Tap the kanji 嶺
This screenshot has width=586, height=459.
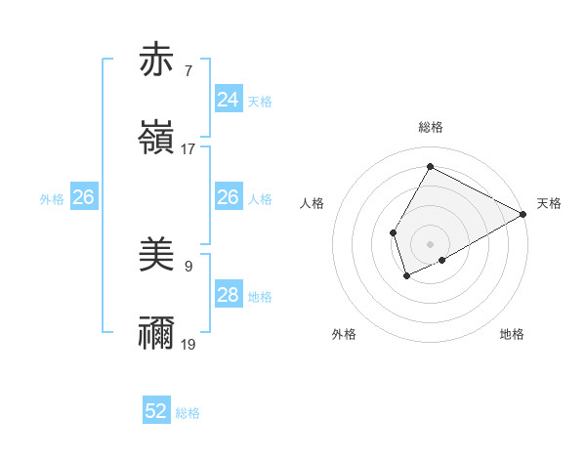[157, 139]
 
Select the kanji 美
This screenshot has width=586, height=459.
[157, 256]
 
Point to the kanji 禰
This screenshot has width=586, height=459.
[157, 334]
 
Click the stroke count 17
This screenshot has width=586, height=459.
[188, 149]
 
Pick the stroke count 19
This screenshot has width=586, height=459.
[188, 345]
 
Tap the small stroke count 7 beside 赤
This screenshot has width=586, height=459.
[188, 70]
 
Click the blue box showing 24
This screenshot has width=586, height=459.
[228, 100]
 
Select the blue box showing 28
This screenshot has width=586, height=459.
[228, 295]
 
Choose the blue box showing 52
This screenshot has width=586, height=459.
[156, 411]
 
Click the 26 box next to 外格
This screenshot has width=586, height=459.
[83, 197]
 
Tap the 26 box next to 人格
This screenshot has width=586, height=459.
[228, 197]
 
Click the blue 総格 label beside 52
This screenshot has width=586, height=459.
[188, 413]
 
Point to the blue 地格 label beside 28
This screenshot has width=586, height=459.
[260, 297]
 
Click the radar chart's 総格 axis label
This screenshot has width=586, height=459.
[430, 127]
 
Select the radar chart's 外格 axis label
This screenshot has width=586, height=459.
[344, 335]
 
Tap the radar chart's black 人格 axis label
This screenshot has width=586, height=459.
[313, 203]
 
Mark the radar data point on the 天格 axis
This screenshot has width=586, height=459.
[523, 214]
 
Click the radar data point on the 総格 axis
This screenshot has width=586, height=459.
[430, 166]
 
